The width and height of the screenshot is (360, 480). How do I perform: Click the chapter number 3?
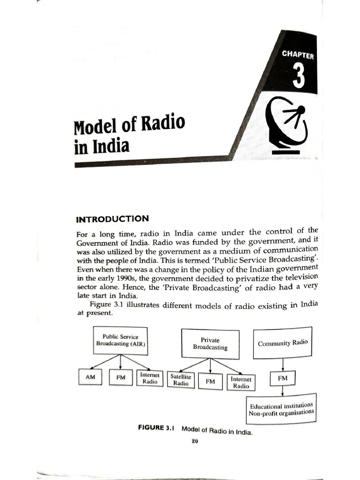[299, 76]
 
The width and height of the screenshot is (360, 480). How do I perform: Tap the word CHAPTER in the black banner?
[298, 54]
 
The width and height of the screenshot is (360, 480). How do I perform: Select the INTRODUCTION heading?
[112, 219]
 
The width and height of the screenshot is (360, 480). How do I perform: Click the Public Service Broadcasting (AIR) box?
[120, 340]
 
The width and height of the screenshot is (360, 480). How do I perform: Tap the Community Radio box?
[283, 343]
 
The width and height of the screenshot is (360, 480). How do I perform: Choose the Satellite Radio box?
[181, 380]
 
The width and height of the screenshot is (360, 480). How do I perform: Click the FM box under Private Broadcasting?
[210, 382]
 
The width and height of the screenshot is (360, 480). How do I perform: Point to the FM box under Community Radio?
[283, 377]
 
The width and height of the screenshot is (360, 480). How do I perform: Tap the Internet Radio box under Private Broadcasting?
[241, 382]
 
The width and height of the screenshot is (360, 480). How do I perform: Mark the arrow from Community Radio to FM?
[283, 364]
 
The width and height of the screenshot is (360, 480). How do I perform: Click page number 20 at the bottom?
[195, 442]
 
